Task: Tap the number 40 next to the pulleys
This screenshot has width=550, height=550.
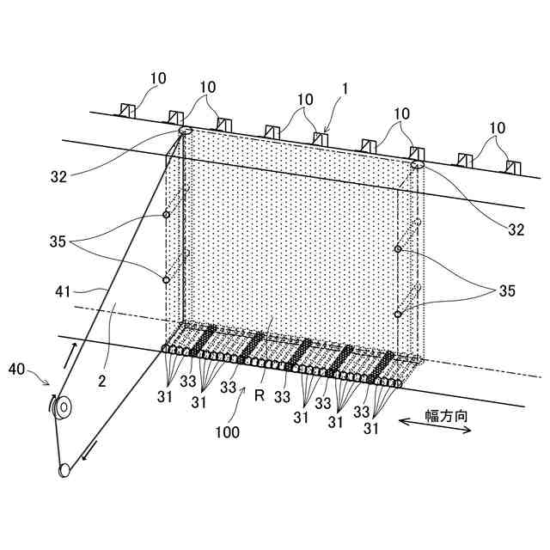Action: point(17,370)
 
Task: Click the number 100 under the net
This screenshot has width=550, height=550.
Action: point(227,433)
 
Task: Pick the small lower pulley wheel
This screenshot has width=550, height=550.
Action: point(64,470)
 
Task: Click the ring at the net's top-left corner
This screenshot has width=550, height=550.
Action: point(185,131)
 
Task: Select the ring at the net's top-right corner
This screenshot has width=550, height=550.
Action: point(419,164)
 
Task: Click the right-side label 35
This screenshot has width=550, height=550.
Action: point(506,291)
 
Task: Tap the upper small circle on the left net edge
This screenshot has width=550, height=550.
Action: point(167,215)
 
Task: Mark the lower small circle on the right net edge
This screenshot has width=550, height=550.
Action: point(398,314)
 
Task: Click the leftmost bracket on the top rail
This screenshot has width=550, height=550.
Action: point(128,110)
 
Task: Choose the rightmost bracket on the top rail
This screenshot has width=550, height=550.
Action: point(513,165)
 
